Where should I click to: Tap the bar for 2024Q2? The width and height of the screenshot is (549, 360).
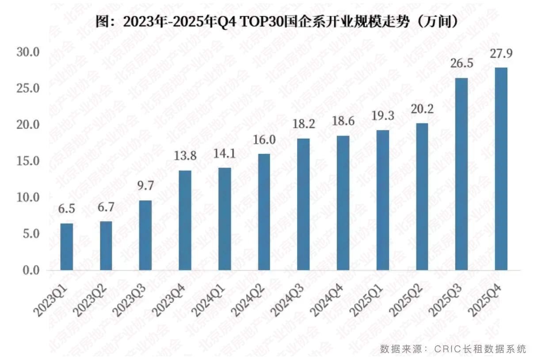click(264, 212)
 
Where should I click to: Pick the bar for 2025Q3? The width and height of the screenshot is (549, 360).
click(461, 174)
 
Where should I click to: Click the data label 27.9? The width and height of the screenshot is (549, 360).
click(501, 53)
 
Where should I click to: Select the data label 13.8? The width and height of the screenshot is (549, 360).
click(185, 156)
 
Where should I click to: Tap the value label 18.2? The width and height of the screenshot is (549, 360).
click(303, 124)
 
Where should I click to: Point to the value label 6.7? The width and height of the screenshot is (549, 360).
click(106, 207)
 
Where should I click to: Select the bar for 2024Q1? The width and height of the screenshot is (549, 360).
click(225, 219)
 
